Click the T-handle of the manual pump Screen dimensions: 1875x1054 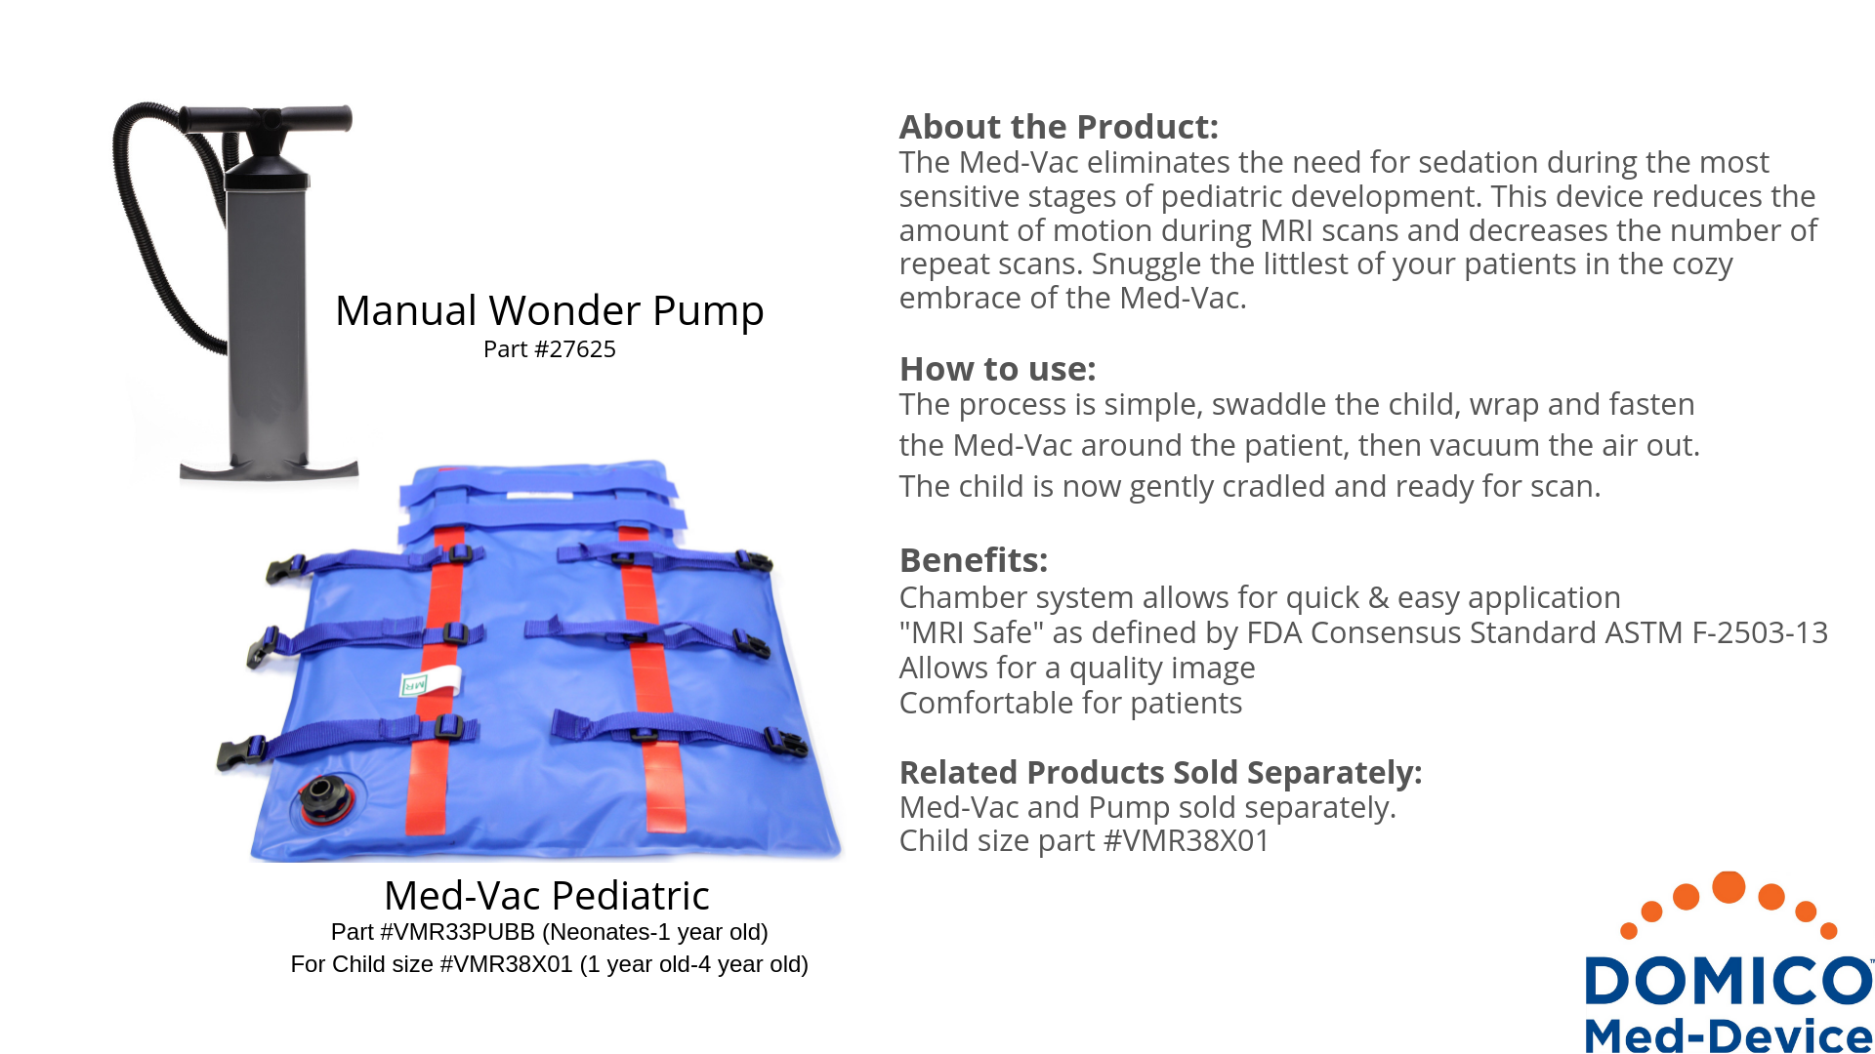pyautogui.click(x=265, y=120)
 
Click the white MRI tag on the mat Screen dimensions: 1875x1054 pyautogui.click(x=431, y=681)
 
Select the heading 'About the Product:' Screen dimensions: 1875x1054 pyautogui.click(x=1059, y=127)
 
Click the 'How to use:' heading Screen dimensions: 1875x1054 pyautogui.click(x=997, y=369)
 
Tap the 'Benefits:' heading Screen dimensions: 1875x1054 pyautogui.click(x=973, y=560)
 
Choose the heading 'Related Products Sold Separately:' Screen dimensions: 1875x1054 pyautogui.click(x=1160, y=772)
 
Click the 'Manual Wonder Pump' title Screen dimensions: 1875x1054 pyautogui.click(x=549, y=310)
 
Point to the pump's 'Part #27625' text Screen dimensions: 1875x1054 pyautogui.click(x=549, y=349)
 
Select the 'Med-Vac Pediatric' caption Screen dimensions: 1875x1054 pyautogui.click(x=547, y=895)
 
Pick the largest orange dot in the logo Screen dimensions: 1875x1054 pyautogui.click(x=1729, y=886)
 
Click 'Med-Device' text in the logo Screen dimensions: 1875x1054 pyautogui.click(x=1729, y=1034)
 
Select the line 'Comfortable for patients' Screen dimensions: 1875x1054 pyautogui.click(x=1070, y=703)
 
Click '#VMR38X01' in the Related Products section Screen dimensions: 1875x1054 pyautogui.click(x=1186, y=840)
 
